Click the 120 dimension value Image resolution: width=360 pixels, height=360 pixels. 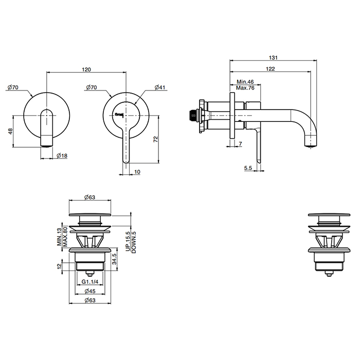pos(86,69)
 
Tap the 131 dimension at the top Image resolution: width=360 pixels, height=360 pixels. pos(273,58)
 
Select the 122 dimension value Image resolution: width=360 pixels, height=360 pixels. pos(270,68)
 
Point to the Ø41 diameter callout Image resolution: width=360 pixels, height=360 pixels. pos(160,87)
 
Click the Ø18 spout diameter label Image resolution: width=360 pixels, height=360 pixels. pos(62,156)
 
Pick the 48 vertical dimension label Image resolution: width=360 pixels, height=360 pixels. pos(10,131)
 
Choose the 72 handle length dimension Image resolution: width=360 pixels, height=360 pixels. pos(156,139)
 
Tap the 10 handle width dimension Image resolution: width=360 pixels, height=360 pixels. pos(137,172)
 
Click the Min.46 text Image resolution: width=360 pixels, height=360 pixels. pos(245,82)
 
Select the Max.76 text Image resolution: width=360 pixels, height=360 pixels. pos(245,88)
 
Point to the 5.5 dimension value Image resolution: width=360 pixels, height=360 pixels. pos(248,168)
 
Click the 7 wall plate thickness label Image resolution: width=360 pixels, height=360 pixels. pos(240,143)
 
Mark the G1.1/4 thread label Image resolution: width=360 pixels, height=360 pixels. pos(90,282)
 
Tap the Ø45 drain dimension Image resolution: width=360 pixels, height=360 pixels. pos(90,291)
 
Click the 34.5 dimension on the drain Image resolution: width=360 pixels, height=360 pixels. pos(114,259)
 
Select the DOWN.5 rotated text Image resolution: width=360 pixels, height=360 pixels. pos(134,242)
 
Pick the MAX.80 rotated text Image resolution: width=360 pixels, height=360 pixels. pos(65,237)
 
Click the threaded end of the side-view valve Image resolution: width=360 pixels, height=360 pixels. pos(192,115)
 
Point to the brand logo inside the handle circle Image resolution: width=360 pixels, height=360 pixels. pos(119,114)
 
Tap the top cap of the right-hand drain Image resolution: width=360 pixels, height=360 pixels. pos(329,215)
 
